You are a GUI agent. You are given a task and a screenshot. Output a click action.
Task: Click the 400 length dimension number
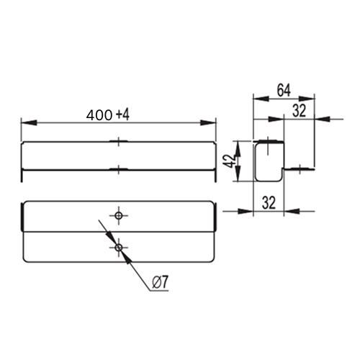tap(99, 115)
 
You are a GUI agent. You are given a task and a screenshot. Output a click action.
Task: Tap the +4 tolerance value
tap(123, 115)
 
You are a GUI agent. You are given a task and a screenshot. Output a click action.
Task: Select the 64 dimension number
tap(284, 91)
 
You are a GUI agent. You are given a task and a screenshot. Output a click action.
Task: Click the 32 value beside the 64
tap(300, 111)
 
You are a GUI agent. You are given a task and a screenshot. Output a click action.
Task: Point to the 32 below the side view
tap(269, 203)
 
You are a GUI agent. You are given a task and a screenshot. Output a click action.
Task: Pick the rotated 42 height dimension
tap(228, 161)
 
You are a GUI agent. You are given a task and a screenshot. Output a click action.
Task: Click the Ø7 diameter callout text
tap(161, 282)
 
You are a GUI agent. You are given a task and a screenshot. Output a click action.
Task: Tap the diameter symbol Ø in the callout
tap(156, 282)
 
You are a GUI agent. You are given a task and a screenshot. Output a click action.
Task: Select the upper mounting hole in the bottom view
tap(118, 215)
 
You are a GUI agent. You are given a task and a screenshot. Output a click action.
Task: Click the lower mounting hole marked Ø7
tap(118, 248)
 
